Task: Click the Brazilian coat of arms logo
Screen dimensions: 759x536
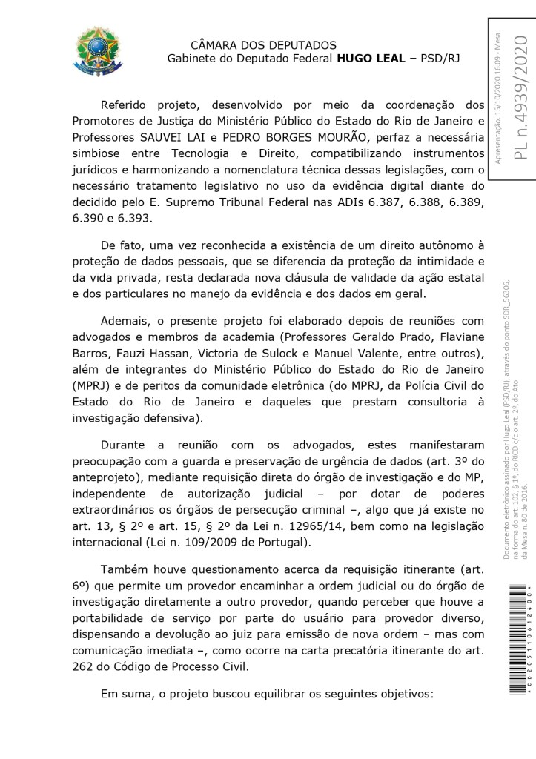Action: (x=93, y=50)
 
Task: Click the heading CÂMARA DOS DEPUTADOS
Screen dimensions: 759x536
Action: (x=263, y=45)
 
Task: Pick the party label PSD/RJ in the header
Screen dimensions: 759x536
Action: (x=439, y=59)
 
